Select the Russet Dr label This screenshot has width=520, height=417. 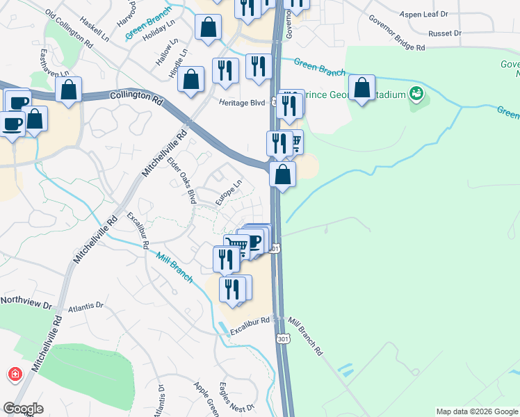click(x=445, y=33)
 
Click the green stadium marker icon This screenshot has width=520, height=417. click(x=416, y=93)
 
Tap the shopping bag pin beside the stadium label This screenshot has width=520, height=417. click(x=361, y=88)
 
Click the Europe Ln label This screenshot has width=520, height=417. click(x=228, y=193)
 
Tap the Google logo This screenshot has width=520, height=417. click(x=23, y=409)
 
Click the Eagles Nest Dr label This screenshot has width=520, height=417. click(x=234, y=398)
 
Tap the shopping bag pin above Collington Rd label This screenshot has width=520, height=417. click(x=68, y=90)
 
